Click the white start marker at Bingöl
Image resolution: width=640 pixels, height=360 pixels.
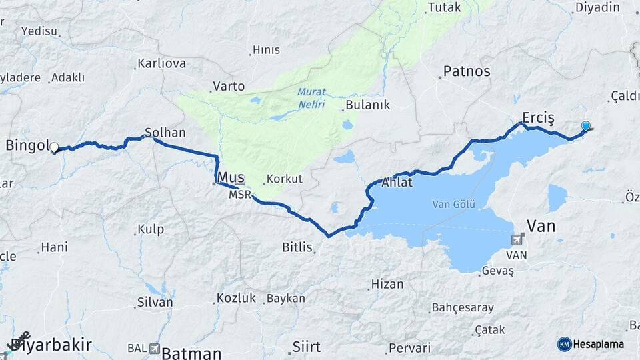(54, 147)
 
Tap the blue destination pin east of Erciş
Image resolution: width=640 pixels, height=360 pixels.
(585, 126)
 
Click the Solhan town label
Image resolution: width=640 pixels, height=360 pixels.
(165, 133)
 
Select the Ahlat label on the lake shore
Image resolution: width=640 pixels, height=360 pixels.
(398, 183)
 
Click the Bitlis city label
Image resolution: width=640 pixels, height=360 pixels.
(297, 247)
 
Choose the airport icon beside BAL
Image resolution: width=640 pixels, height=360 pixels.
(155, 348)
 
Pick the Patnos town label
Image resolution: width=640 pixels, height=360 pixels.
(467, 71)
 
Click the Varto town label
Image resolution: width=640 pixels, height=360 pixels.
(229, 87)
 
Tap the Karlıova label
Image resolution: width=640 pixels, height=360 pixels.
(161, 64)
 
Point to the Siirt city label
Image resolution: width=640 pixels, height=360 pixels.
(307, 347)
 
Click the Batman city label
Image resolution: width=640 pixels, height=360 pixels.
(191, 353)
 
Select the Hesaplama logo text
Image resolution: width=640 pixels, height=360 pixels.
(598, 344)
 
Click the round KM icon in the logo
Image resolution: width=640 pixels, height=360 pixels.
(565, 344)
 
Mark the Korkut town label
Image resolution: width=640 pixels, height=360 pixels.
(285, 179)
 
